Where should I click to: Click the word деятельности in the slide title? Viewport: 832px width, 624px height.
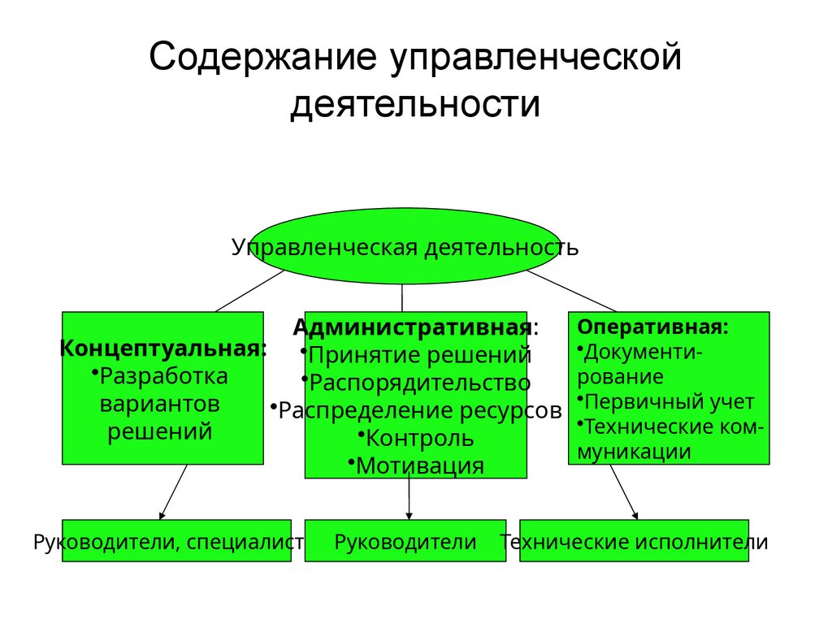tap(415, 106)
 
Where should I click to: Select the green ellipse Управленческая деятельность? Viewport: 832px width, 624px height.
tap(405, 246)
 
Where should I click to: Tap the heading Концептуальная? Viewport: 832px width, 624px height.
tap(162, 349)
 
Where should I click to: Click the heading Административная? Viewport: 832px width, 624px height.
tap(415, 327)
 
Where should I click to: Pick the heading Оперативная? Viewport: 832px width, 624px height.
tap(652, 327)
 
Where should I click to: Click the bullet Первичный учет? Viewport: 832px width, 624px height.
tap(669, 401)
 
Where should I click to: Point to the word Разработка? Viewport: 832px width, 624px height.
tap(166, 376)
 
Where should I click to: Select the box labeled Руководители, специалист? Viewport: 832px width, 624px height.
tap(176, 542)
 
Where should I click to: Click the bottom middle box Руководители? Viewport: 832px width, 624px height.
tap(405, 542)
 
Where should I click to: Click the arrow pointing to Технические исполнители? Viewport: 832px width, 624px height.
tap(623, 492)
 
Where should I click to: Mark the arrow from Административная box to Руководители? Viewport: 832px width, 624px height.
tap(409, 498)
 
